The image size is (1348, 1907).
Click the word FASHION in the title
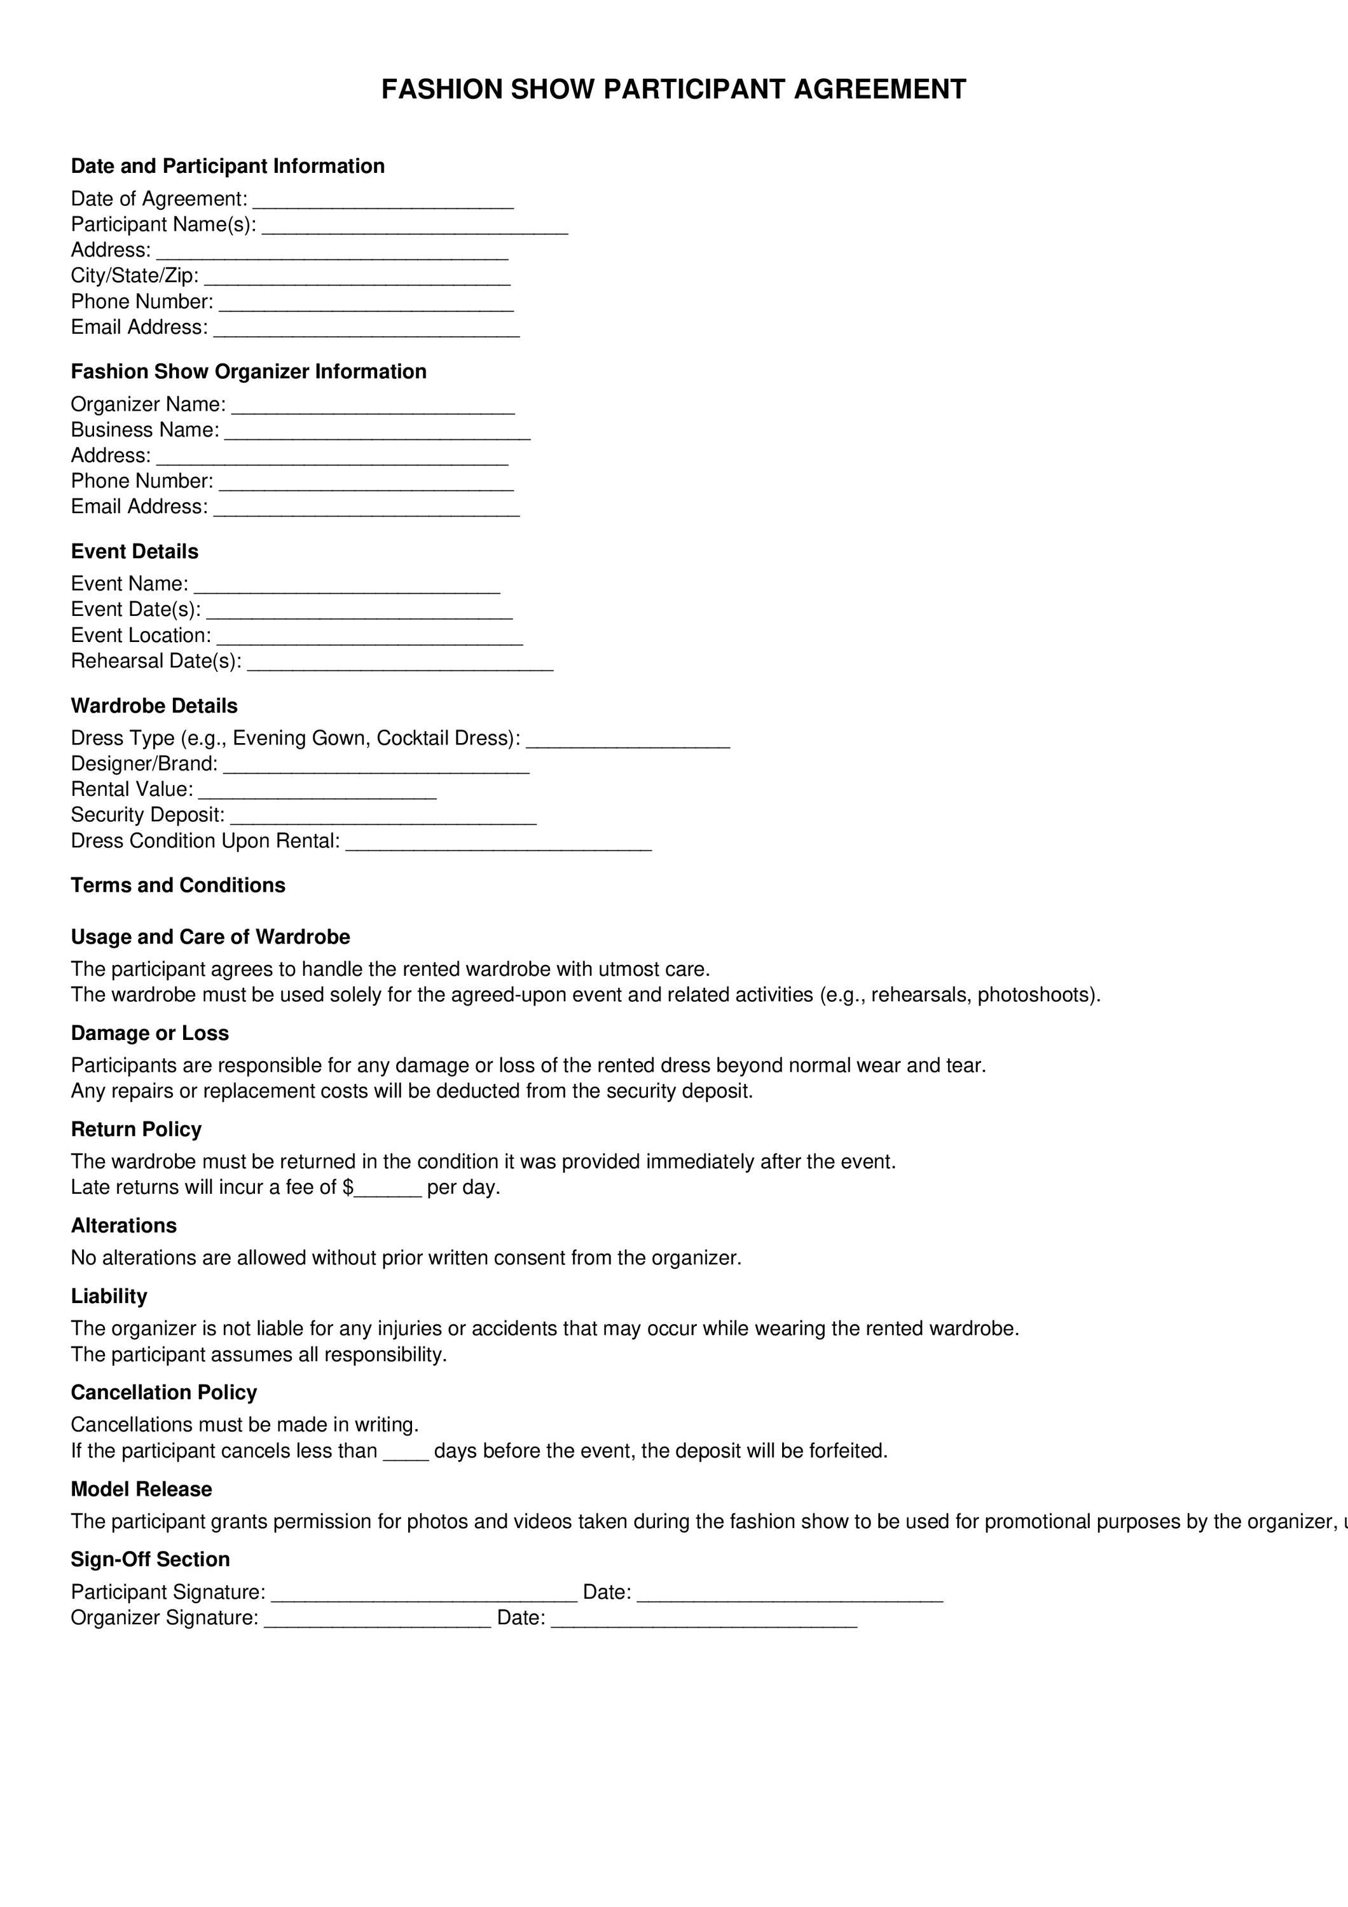tap(442, 90)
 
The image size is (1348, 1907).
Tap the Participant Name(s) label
tap(163, 225)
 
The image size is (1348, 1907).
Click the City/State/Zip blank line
tap(357, 278)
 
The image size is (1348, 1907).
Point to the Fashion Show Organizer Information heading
tap(249, 371)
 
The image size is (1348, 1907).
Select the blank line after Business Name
tap(377, 433)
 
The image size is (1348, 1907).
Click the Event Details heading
tap(135, 552)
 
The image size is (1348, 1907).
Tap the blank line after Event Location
tap(369, 638)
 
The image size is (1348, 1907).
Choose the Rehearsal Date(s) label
tap(156, 661)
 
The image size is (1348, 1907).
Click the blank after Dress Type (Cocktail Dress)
tap(628, 742)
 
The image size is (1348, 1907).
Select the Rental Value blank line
tap(317, 793)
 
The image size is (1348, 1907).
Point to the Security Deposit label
tap(147, 815)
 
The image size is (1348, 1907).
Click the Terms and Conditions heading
tap(178, 885)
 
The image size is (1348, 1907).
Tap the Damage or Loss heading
tap(149, 1033)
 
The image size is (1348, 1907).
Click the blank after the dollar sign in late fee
tap(388, 1190)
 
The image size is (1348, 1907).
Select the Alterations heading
tap(124, 1226)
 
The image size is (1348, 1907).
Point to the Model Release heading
tap(141, 1489)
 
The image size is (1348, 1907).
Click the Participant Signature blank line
tap(423, 1596)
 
